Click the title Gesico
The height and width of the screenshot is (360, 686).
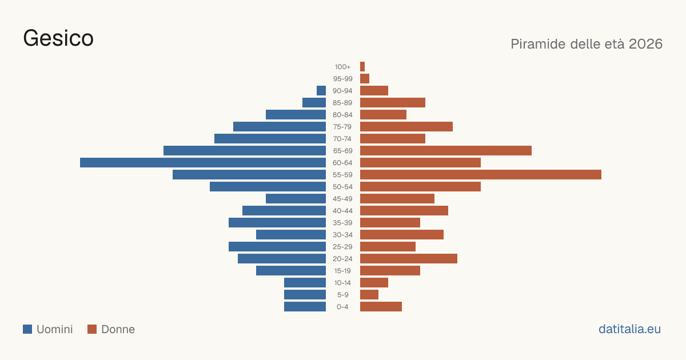tap(58, 38)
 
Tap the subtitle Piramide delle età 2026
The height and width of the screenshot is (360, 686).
tap(587, 44)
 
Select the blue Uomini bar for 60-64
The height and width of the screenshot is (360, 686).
tap(203, 162)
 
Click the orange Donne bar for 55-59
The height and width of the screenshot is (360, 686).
tap(481, 174)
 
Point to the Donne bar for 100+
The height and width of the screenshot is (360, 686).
tap(362, 66)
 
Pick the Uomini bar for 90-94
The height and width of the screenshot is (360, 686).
tap(321, 91)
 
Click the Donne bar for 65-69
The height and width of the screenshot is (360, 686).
tap(446, 151)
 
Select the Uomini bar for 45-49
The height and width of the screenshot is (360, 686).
tap(296, 199)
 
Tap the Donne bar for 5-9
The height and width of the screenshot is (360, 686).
tap(369, 294)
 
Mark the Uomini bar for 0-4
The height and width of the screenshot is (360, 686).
tap(305, 306)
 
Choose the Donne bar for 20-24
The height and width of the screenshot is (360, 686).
tap(409, 259)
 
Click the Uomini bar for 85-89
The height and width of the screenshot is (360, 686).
tap(314, 102)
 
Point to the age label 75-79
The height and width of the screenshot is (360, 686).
tap(342, 127)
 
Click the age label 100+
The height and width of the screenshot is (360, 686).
tap(342, 67)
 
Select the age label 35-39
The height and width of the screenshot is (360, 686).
tap(342, 223)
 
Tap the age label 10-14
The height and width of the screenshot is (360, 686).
tap(342, 283)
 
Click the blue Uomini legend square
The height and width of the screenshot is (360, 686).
tap(27, 329)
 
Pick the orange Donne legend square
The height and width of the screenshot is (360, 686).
tap(92, 329)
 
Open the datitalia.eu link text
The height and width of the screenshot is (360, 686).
tap(629, 329)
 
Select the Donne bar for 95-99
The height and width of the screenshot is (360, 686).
tap(365, 79)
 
